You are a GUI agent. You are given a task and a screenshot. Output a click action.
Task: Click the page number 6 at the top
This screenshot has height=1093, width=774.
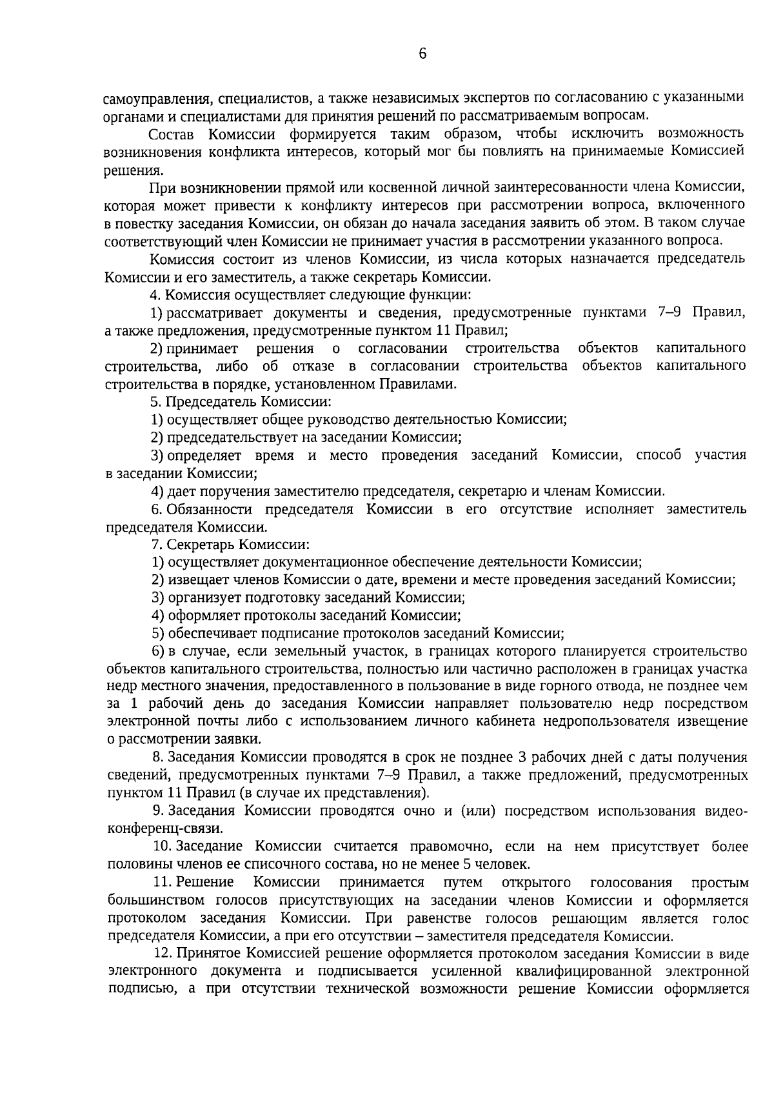point(422,54)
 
